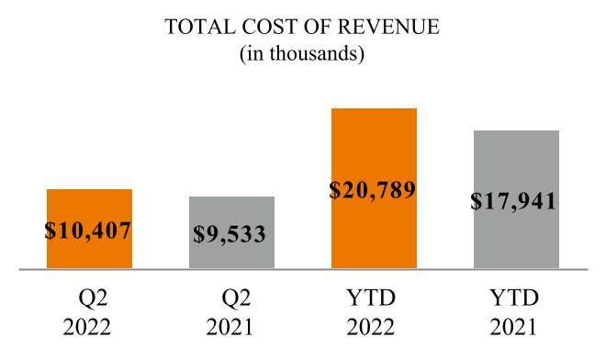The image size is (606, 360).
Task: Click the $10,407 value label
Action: pyautogui.click(x=89, y=230)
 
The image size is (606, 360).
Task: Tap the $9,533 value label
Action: pyautogui.click(x=230, y=233)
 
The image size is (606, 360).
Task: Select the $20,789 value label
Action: pyautogui.click(x=373, y=191)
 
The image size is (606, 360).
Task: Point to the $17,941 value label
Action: pyautogui.click(x=515, y=200)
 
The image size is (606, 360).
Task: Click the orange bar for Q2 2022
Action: pyautogui.click(x=89, y=206)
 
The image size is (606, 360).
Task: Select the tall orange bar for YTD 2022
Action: pyautogui.click(x=374, y=147)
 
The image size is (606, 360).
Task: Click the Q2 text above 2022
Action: pyautogui.click(x=89, y=298)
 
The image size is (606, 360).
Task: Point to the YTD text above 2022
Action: pyautogui.click(x=374, y=298)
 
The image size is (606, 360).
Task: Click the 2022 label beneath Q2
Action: pyautogui.click(x=89, y=328)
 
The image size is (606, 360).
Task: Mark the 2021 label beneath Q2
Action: pyautogui.click(x=231, y=328)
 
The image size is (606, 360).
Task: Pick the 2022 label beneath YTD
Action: pyautogui.click(x=374, y=328)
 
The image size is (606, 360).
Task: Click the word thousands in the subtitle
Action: pyautogui.click(x=311, y=54)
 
